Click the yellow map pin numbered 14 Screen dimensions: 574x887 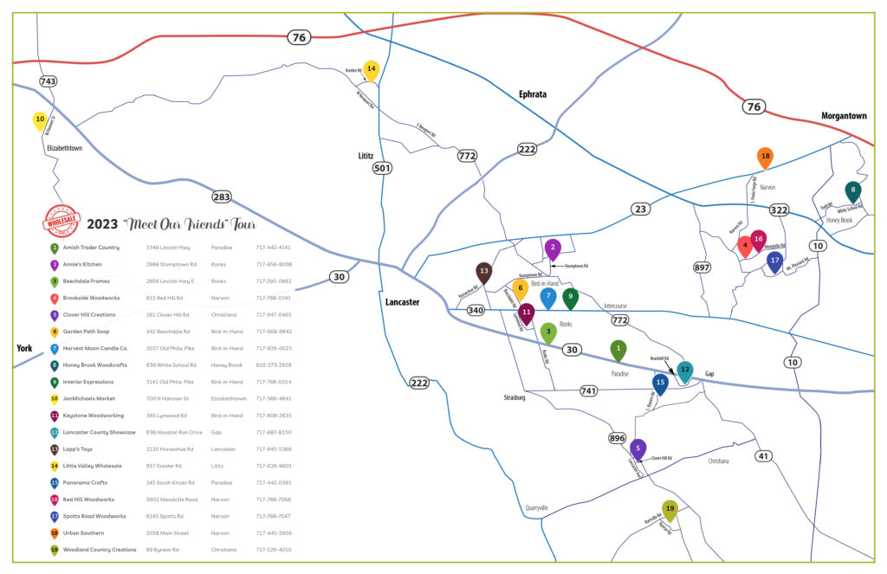tap(371, 69)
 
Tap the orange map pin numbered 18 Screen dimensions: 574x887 tap(765, 157)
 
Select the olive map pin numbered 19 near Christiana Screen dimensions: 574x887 tap(670, 509)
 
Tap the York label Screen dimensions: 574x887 tap(24, 348)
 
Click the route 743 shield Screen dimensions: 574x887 tap(49, 81)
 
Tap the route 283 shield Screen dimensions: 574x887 tap(222, 197)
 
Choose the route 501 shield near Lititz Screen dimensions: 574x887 tap(382, 168)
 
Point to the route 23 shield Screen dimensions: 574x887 tap(640, 209)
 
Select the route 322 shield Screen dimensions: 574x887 tap(779, 210)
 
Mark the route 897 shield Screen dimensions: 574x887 tap(702, 268)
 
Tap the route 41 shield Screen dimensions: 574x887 tap(763, 456)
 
